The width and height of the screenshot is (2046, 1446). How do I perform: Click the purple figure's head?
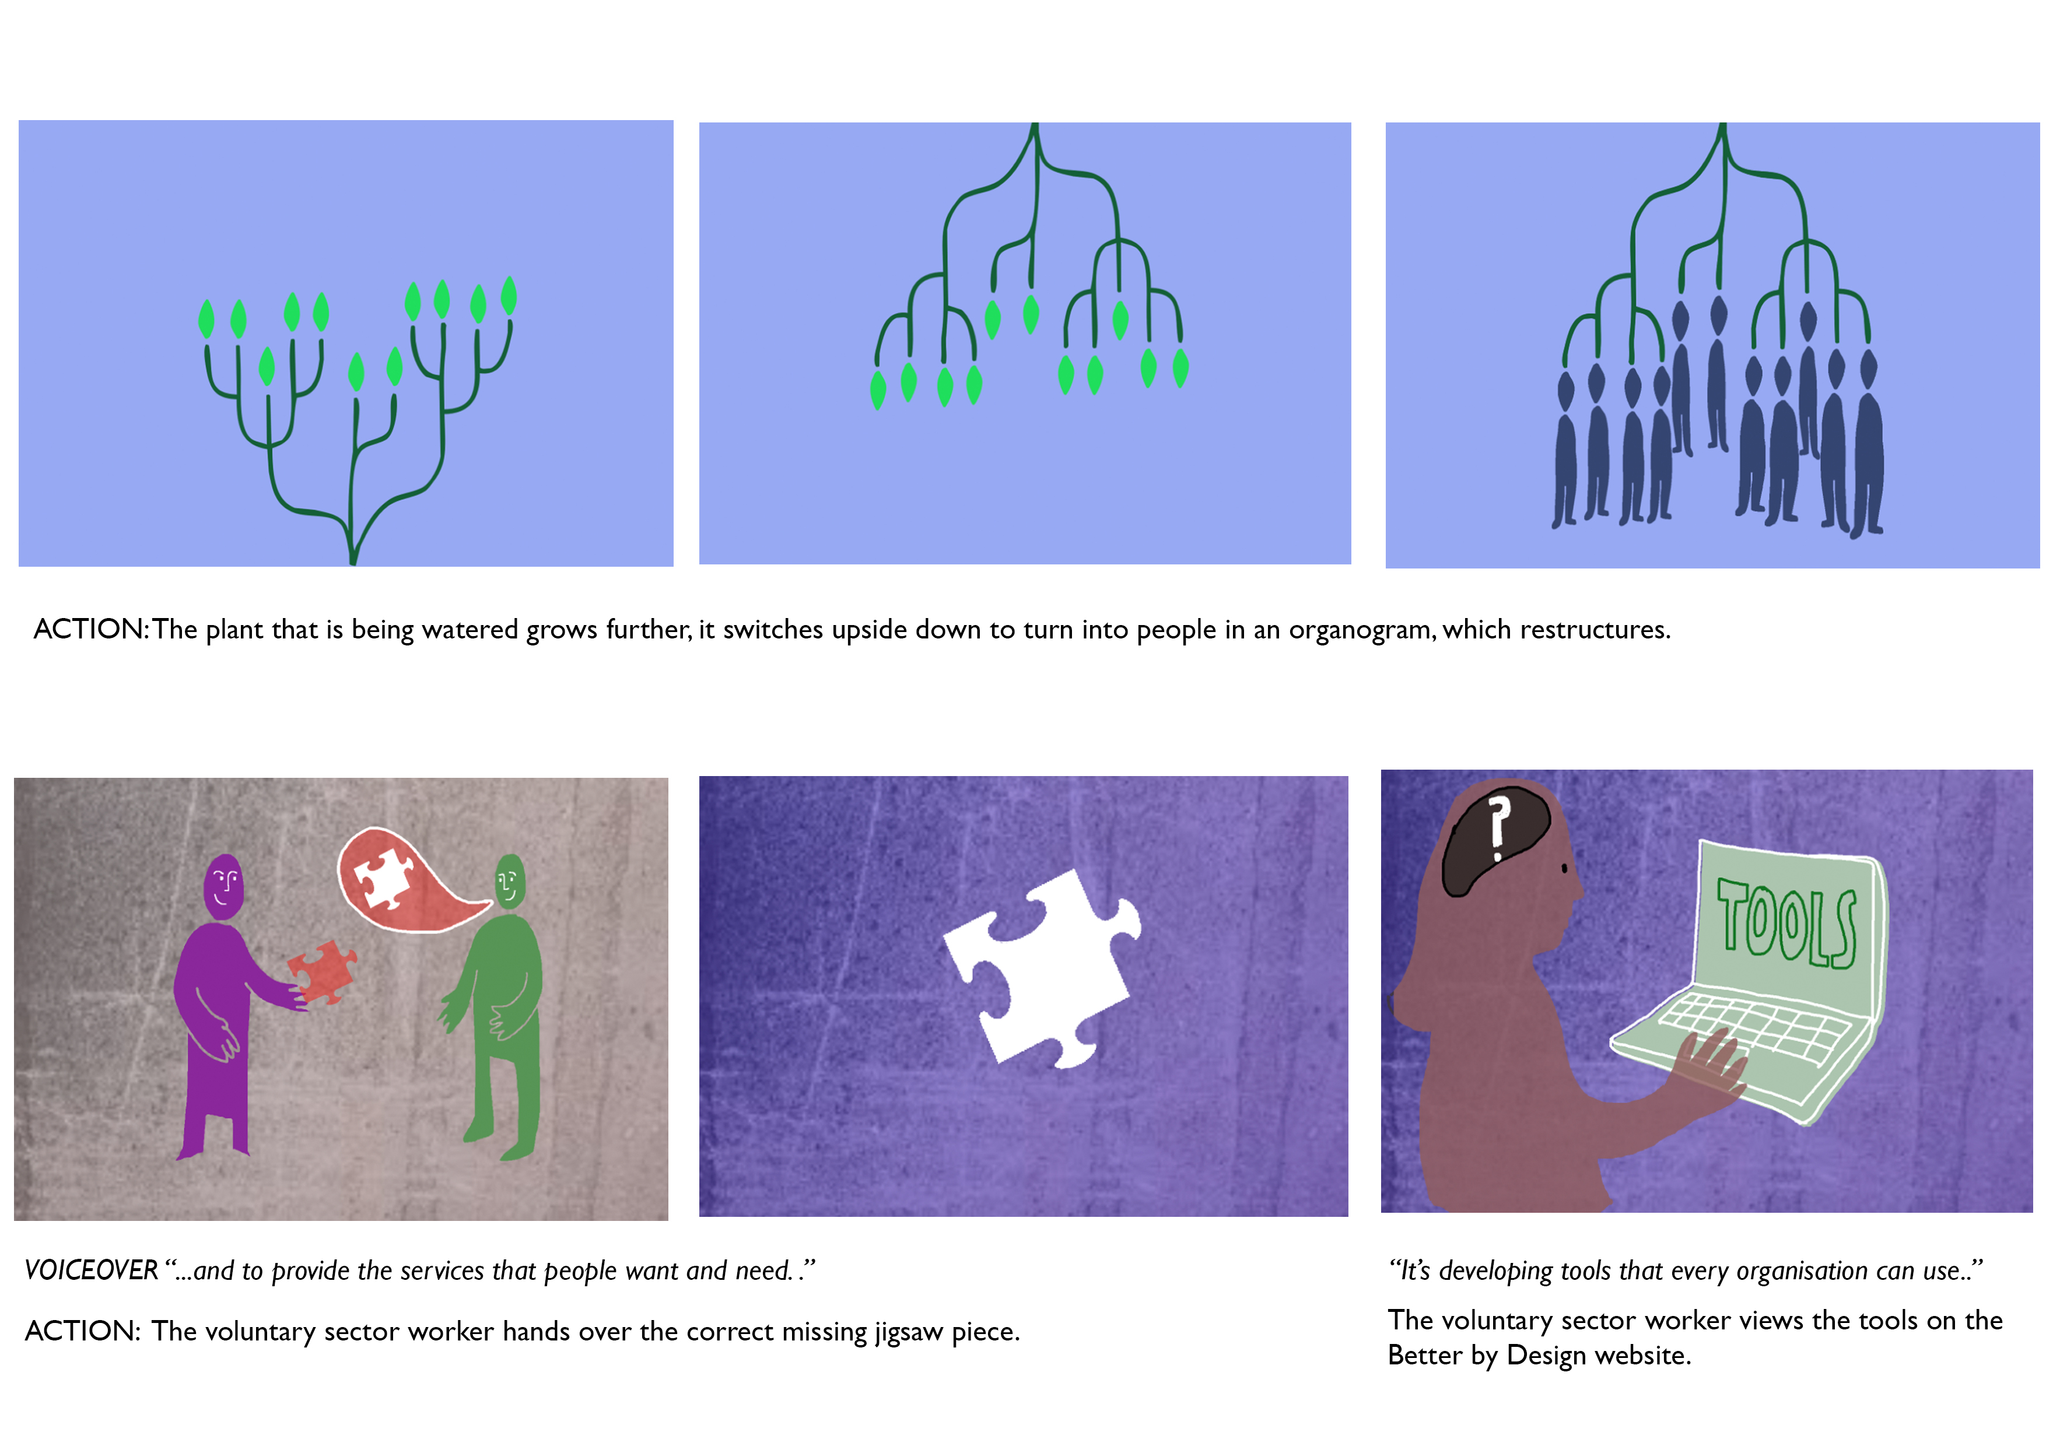click(223, 886)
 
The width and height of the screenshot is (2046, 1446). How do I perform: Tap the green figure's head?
click(510, 881)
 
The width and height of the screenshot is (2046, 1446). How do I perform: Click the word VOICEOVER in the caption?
click(91, 1270)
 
